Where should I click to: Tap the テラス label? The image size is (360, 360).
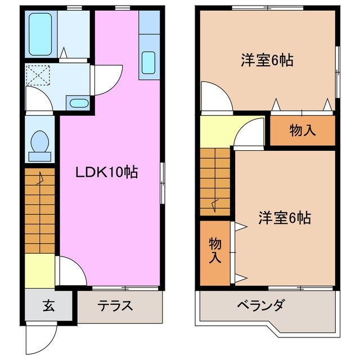pyautogui.click(x=115, y=306)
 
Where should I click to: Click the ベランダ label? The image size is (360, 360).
pyautogui.click(x=260, y=306)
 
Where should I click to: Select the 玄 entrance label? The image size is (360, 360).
pyautogui.click(x=48, y=306)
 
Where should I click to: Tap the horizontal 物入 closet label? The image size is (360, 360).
pyautogui.click(x=302, y=130)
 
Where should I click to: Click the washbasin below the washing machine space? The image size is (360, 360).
pyautogui.click(x=78, y=103)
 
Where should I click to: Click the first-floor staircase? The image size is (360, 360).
pyautogui.click(x=39, y=211)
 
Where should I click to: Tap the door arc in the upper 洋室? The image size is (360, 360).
pyautogui.click(x=215, y=97)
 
